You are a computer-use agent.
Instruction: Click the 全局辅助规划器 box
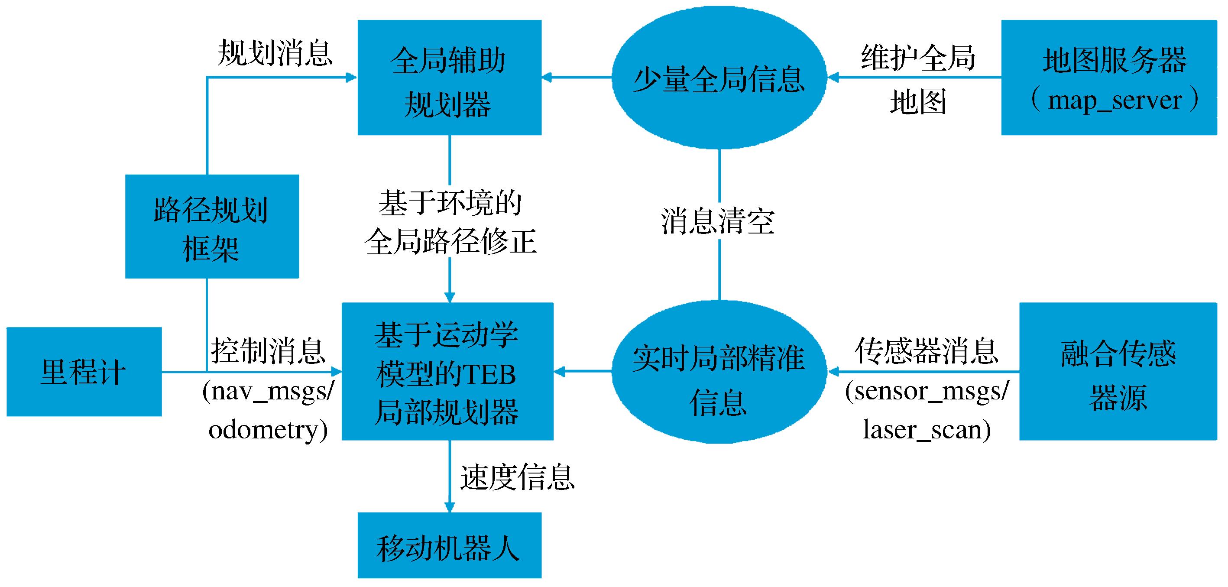(449, 77)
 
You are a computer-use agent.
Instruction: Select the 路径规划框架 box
(212, 226)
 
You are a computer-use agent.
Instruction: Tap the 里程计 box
(84, 371)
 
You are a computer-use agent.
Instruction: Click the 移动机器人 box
(449, 545)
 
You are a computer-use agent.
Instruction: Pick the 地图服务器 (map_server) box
(1109, 77)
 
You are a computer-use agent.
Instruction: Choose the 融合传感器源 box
(1118, 371)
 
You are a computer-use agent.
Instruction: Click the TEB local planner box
(447, 371)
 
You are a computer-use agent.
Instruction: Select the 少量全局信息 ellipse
(719, 77)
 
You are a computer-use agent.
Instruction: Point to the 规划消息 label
(275, 52)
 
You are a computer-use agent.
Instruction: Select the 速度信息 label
(517, 477)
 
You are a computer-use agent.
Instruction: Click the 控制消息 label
(268, 351)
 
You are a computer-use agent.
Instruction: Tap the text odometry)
(268, 430)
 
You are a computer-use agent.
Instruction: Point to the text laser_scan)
(927, 430)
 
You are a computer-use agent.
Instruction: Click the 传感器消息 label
(927, 351)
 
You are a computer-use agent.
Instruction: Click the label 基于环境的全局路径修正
(450, 222)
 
